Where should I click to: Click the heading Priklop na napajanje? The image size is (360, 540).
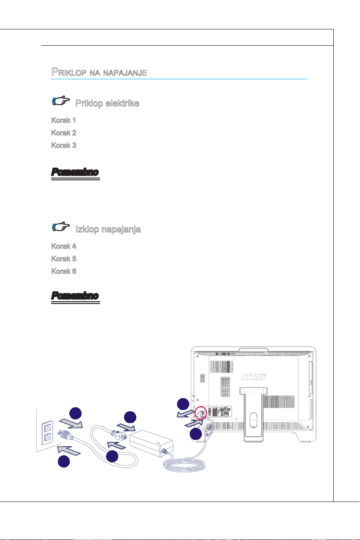coord(99,72)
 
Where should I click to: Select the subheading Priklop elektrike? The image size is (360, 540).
coord(107,103)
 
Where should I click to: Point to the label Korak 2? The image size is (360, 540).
coord(63,133)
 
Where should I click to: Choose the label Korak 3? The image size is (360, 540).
coord(63,146)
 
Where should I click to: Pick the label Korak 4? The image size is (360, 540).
coord(63,246)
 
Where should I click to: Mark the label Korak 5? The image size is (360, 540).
coord(63,259)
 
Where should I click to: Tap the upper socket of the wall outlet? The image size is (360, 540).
coord(46,428)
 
